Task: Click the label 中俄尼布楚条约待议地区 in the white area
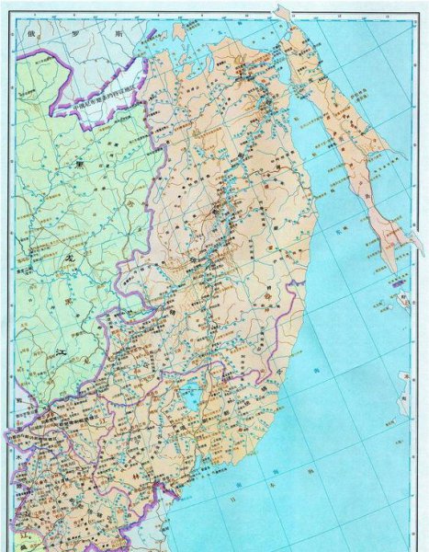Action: click(107, 95)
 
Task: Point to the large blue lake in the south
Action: click(192, 397)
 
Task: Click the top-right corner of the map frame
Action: click(423, 5)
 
